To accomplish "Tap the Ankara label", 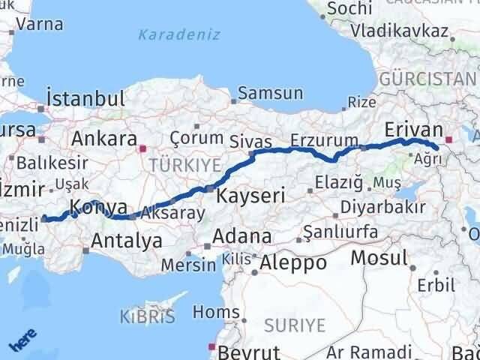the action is [x=103, y=139].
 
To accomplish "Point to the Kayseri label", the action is [x=250, y=196].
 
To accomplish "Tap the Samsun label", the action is [x=270, y=94].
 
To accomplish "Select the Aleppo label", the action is [x=293, y=262].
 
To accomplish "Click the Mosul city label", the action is [x=379, y=259].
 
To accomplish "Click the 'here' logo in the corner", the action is [x=23, y=342].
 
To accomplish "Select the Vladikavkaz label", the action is [x=401, y=33].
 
